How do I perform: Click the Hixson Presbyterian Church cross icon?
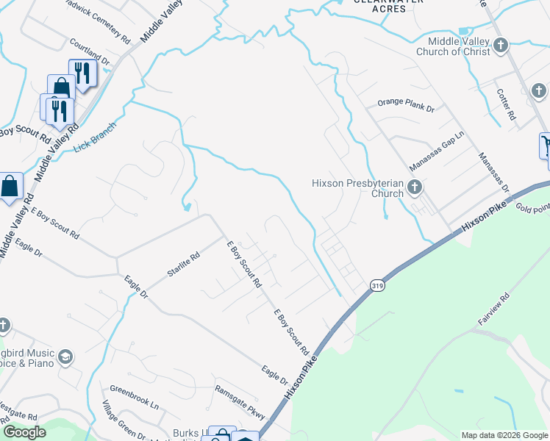414,187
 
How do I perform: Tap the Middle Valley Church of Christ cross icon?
501,46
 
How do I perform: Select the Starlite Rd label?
183,265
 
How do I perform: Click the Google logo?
24,432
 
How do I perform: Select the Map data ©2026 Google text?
504,435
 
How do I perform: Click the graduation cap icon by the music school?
65,357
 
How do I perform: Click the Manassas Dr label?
493,173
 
